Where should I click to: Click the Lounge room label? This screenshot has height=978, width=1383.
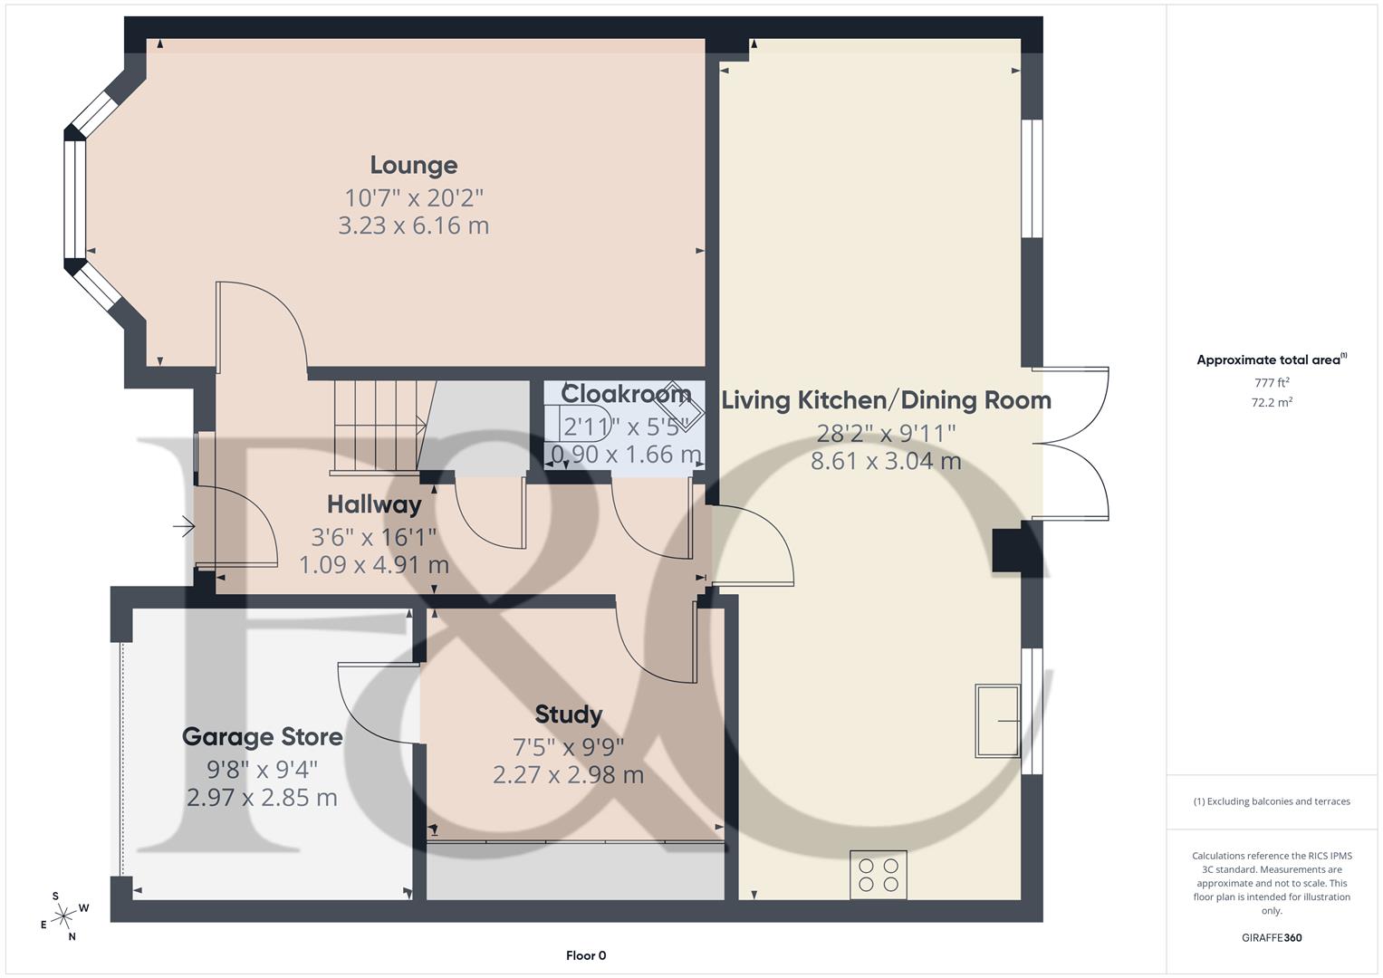414,166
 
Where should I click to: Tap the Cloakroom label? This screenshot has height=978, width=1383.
626,394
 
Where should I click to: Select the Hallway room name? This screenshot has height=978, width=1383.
374,504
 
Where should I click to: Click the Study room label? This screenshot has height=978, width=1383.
568,714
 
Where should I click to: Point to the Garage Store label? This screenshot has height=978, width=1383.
263,737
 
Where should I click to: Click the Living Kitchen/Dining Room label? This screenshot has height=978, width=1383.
886,400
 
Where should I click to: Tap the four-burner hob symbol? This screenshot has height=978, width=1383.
878,874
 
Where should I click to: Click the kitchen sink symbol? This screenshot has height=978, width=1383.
997,721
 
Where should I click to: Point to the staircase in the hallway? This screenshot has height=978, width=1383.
376,426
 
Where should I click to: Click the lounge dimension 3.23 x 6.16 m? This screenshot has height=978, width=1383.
414,225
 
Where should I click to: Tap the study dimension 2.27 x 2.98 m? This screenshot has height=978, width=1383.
568,775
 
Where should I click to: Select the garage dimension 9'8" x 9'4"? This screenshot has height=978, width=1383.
263,770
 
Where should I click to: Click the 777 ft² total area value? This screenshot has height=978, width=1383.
1272,383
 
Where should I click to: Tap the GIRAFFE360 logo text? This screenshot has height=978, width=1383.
1272,938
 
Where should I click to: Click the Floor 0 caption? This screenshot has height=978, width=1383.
586,955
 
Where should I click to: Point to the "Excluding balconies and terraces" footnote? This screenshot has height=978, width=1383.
1272,801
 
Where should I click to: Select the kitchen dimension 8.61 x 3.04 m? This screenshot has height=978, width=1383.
886,461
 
